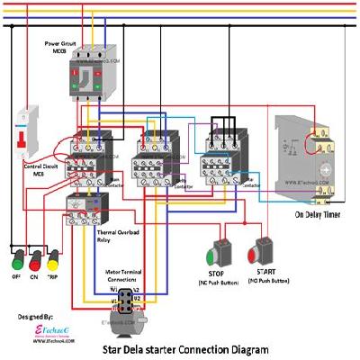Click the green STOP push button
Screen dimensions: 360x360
218,249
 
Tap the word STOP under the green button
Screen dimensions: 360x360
219,274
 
